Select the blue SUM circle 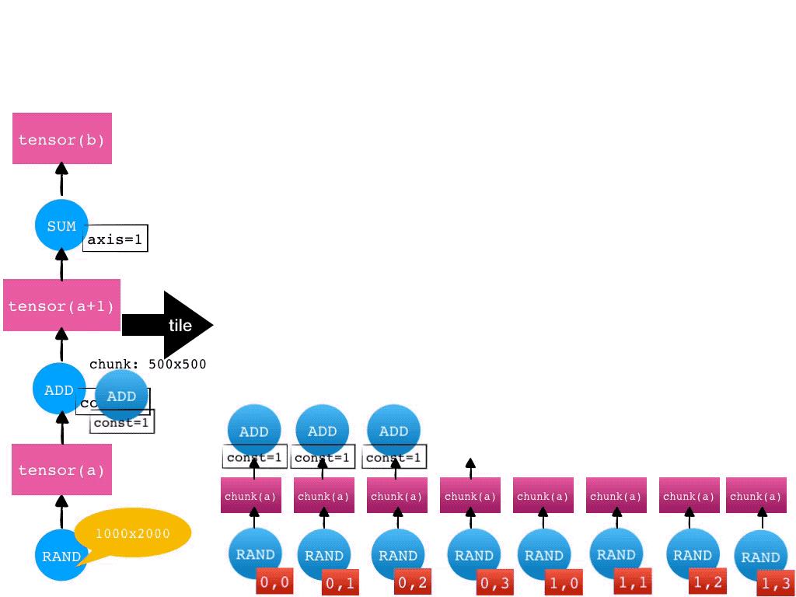pyautogui.click(x=61, y=225)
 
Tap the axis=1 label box pyautogui.click(x=115, y=239)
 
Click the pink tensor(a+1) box pyautogui.click(x=61, y=305)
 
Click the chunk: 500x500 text pyautogui.click(x=148, y=364)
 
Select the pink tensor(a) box pyautogui.click(x=62, y=470)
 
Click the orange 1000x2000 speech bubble pyautogui.click(x=133, y=534)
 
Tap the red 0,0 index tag pyautogui.click(x=275, y=581)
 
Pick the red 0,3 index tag pyautogui.click(x=495, y=582)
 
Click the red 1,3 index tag pyautogui.click(x=776, y=583)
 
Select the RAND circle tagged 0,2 pyautogui.click(x=397, y=555)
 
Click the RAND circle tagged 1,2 pyautogui.click(x=692, y=555)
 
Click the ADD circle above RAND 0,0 pyautogui.click(x=254, y=431)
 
